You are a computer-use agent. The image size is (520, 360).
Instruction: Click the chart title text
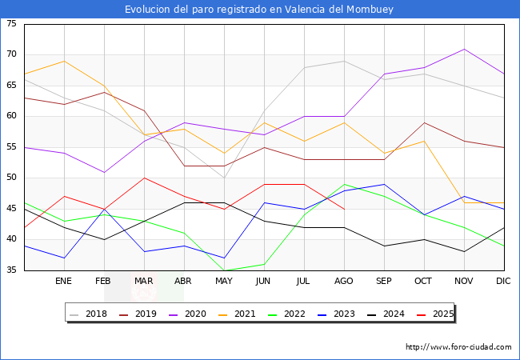[259, 10]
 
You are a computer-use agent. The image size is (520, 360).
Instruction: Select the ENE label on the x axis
[64, 282]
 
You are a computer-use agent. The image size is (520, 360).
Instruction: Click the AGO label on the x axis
[344, 282]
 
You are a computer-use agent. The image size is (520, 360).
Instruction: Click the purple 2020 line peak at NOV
[464, 49]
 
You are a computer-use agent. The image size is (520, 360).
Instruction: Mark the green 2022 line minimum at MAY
[224, 270]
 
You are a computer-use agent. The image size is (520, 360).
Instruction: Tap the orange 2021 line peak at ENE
[64, 61]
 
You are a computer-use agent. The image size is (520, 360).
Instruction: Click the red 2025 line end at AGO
[344, 209]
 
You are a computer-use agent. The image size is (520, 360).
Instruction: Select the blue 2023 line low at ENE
[64, 258]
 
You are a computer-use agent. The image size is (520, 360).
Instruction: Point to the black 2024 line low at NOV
[464, 252]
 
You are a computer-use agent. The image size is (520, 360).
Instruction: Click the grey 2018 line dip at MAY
[224, 178]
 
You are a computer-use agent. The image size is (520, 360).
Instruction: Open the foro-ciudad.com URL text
[458, 347]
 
